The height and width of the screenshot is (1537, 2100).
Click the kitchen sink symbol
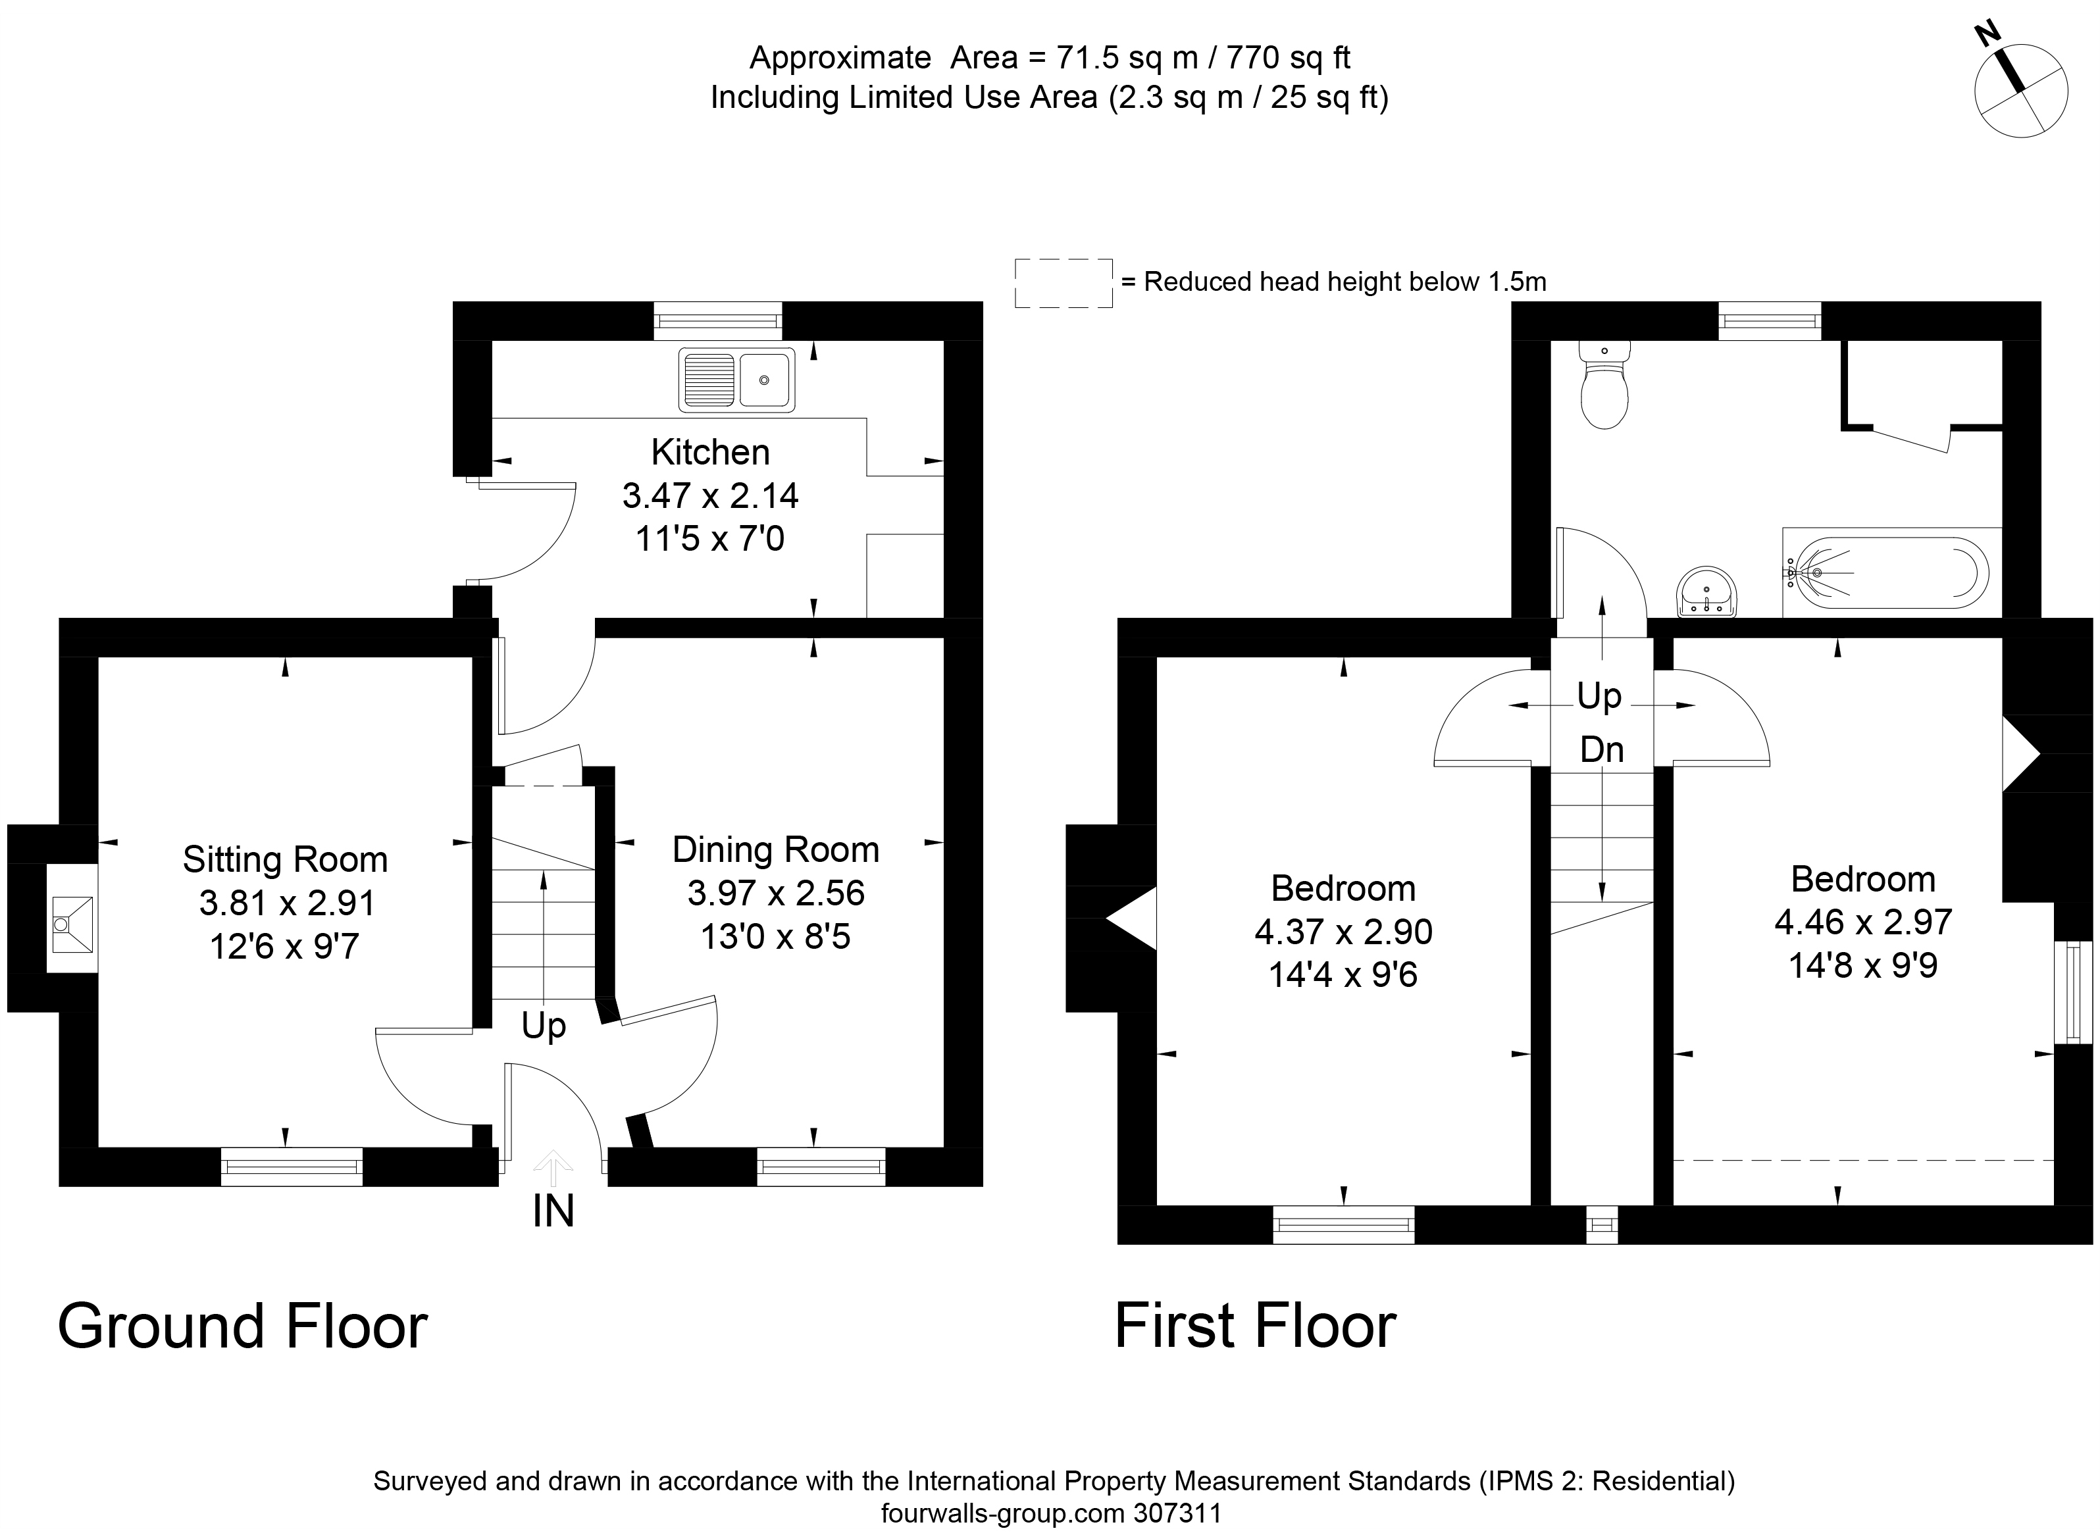[736, 380]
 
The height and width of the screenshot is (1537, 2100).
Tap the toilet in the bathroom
[1604, 386]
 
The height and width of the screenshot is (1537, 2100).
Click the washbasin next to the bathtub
[1706, 593]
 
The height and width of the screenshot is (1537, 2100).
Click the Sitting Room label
[285, 859]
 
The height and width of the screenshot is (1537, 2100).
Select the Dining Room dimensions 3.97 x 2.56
[775, 893]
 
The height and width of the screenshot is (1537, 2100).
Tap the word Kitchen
[710, 452]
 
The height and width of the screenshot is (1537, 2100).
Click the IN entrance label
[553, 1211]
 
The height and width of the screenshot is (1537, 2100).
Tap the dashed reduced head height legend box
[1063, 283]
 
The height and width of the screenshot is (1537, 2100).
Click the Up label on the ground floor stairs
[544, 1025]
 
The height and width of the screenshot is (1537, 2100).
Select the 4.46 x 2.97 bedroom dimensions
[1862, 922]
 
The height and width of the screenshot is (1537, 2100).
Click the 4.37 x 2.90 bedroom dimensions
[1343, 931]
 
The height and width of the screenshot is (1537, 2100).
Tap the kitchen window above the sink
[717, 321]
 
